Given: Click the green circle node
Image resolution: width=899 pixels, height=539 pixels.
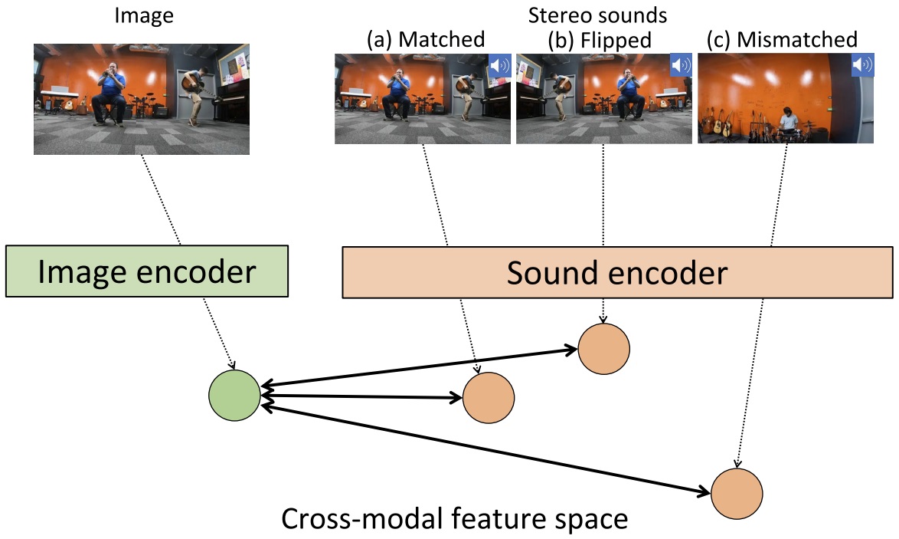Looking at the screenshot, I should tap(234, 395).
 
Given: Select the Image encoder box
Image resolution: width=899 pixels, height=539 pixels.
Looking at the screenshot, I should tap(146, 271).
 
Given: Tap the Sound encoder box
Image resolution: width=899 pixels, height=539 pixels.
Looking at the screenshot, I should tap(616, 271).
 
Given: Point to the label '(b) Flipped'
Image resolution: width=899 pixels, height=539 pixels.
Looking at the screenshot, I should tap(601, 38).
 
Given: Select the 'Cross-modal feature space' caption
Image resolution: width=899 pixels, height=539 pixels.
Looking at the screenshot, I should tap(455, 519).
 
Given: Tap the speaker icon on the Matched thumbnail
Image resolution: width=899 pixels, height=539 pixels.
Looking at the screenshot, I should tap(499, 65).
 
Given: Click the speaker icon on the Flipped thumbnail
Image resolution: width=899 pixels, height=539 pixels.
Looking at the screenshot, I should tap(681, 65).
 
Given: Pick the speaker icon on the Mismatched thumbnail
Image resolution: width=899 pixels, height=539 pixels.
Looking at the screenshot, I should tap(862, 65).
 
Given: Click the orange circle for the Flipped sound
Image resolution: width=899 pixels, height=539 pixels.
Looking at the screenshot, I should tap(603, 349).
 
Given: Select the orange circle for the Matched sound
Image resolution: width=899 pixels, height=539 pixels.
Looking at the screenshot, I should tap(489, 398).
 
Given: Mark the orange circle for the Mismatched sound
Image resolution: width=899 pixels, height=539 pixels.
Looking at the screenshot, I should tap(737, 493).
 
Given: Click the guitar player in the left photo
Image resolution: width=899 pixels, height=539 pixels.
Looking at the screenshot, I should tap(193, 94).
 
